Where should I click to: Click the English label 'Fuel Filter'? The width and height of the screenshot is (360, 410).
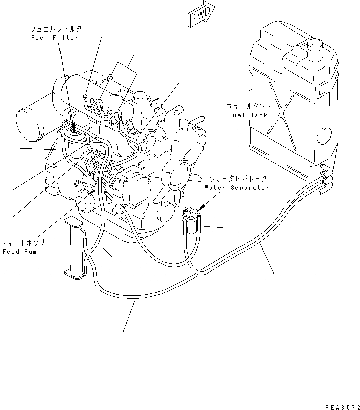click(x=54, y=38)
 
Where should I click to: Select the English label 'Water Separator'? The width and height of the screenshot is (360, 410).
click(x=236, y=187)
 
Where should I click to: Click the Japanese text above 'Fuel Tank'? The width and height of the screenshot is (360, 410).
click(x=249, y=106)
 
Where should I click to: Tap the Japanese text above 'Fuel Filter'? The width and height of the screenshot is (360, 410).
click(x=54, y=30)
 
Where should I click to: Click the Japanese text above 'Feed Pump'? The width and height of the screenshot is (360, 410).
click(x=23, y=242)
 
